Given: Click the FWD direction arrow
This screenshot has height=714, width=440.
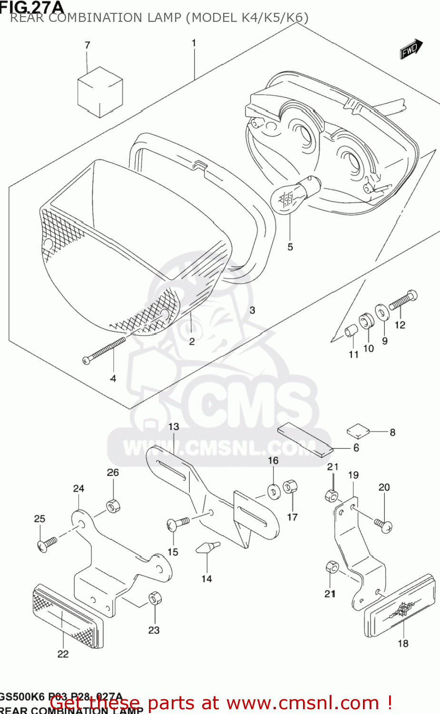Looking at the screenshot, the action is tap(411, 49).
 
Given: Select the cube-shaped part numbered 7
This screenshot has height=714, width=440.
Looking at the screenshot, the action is tap(100, 92).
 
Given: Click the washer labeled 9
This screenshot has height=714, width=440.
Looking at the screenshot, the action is tap(381, 312).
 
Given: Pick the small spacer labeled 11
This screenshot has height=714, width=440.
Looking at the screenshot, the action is tap(351, 330).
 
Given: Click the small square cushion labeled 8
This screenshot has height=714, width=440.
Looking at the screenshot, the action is tap(358, 431).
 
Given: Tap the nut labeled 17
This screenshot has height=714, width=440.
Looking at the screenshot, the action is tap(290, 486).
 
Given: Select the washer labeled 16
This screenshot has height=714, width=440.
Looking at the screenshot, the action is tap(274, 491).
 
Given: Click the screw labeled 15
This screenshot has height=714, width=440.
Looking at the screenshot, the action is tap(178, 524).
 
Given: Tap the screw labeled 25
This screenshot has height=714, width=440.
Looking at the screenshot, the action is tap(47, 543).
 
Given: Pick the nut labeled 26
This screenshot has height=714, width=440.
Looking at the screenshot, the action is tap(113, 505).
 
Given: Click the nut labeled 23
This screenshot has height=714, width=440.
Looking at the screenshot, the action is tap(154, 598).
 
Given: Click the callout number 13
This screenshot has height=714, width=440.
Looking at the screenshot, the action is tap(174, 426).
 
